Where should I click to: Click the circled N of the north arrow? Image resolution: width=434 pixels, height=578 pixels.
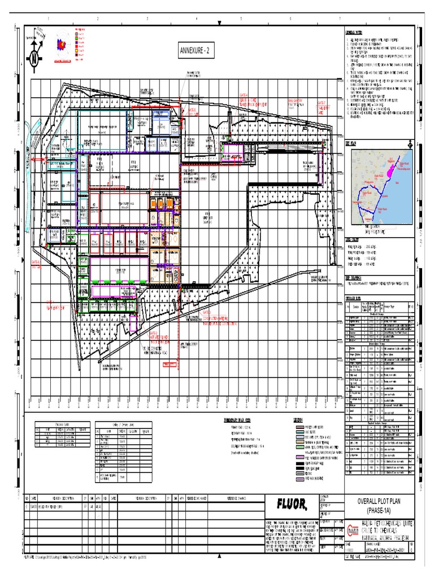click(34, 58)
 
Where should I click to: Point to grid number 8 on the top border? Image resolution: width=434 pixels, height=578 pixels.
click(389, 19)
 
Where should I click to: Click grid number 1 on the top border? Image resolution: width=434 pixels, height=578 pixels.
click(48, 19)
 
